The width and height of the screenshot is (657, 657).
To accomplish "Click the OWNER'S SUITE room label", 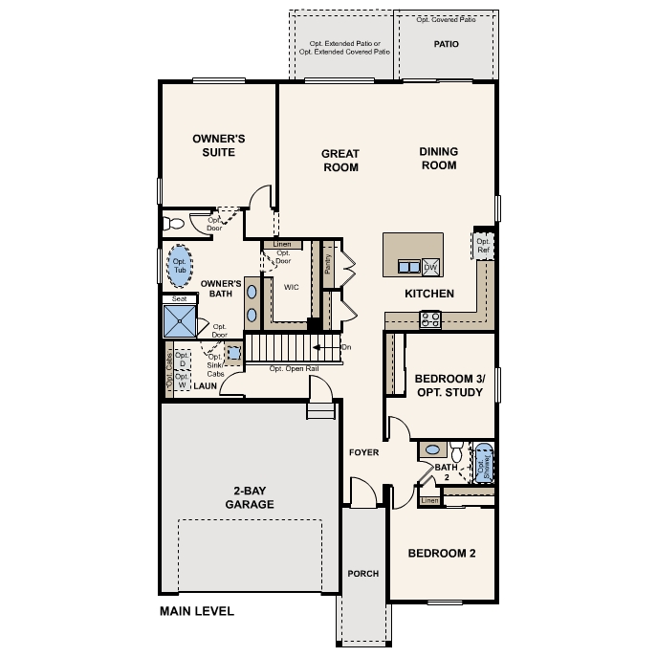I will (220, 144).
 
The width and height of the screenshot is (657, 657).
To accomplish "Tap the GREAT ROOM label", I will (339, 160).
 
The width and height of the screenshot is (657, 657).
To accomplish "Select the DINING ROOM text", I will (438, 158).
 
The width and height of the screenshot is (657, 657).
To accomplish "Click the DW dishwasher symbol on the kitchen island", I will (429, 267).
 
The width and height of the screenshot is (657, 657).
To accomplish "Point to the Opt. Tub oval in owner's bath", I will (179, 266).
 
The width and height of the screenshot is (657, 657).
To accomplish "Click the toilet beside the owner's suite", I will (173, 224).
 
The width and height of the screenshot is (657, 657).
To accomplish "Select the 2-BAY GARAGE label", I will (250, 497).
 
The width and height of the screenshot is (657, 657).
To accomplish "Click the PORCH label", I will (363, 574).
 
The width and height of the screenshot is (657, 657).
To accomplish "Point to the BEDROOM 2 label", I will (442, 553).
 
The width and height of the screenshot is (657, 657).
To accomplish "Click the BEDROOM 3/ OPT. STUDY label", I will (444, 384).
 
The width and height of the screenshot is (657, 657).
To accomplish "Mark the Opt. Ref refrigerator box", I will (483, 246).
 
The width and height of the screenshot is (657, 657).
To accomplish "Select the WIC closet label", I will (292, 286).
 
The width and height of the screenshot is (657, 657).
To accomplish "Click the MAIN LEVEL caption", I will (196, 610).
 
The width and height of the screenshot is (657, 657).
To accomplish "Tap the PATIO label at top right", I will (446, 44).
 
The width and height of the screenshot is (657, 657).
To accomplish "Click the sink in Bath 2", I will (432, 449).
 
